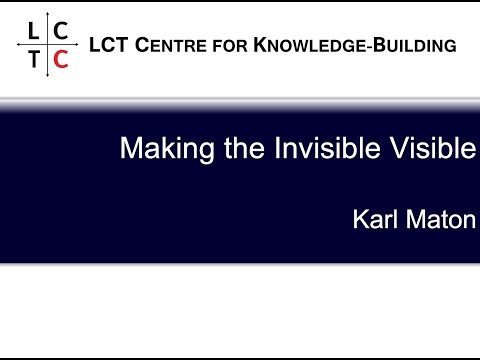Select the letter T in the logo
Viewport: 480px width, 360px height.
click(x=35, y=59)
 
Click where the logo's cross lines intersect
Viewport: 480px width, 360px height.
click(x=47, y=45)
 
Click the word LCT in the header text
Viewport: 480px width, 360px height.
click(x=107, y=45)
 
